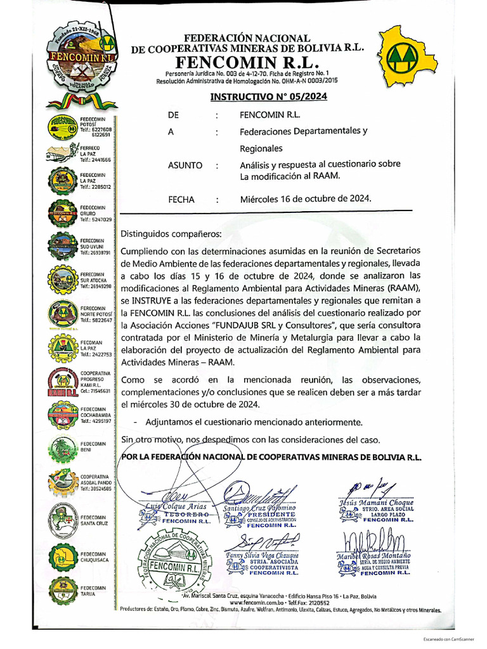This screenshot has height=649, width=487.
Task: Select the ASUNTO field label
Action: click(x=185, y=165)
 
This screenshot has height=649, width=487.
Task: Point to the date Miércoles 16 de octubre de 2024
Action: click(x=305, y=198)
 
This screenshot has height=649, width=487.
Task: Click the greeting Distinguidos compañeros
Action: click(x=171, y=233)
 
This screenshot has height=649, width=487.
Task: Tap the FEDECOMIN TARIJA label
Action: click(x=93, y=591)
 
